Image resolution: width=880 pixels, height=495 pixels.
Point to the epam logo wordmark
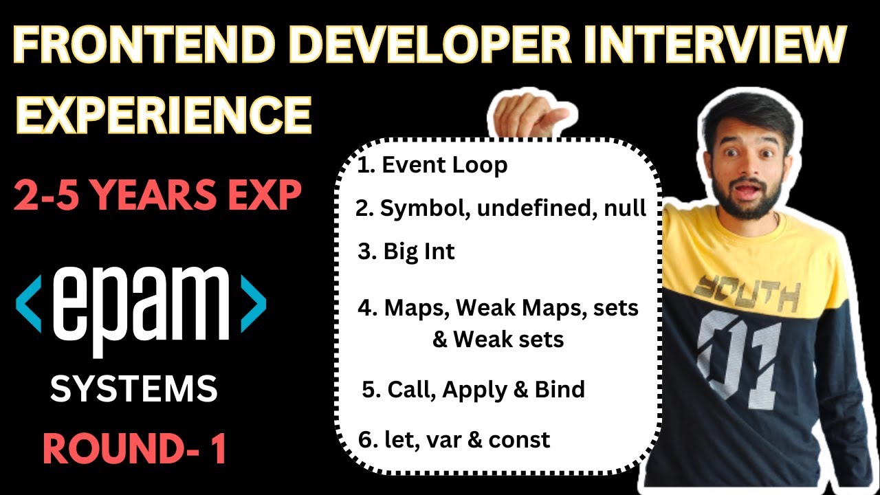click(x=141, y=302)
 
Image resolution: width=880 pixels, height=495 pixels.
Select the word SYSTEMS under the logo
click(x=134, y=390)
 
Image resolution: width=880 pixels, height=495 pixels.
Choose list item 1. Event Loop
click(x=432, y=165)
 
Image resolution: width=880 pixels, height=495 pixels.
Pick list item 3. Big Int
click(x=406, y=252)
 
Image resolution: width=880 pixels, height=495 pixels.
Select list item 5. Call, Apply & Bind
click(x=473, y=390)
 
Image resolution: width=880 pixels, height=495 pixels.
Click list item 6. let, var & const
click(x=454, y=439)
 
